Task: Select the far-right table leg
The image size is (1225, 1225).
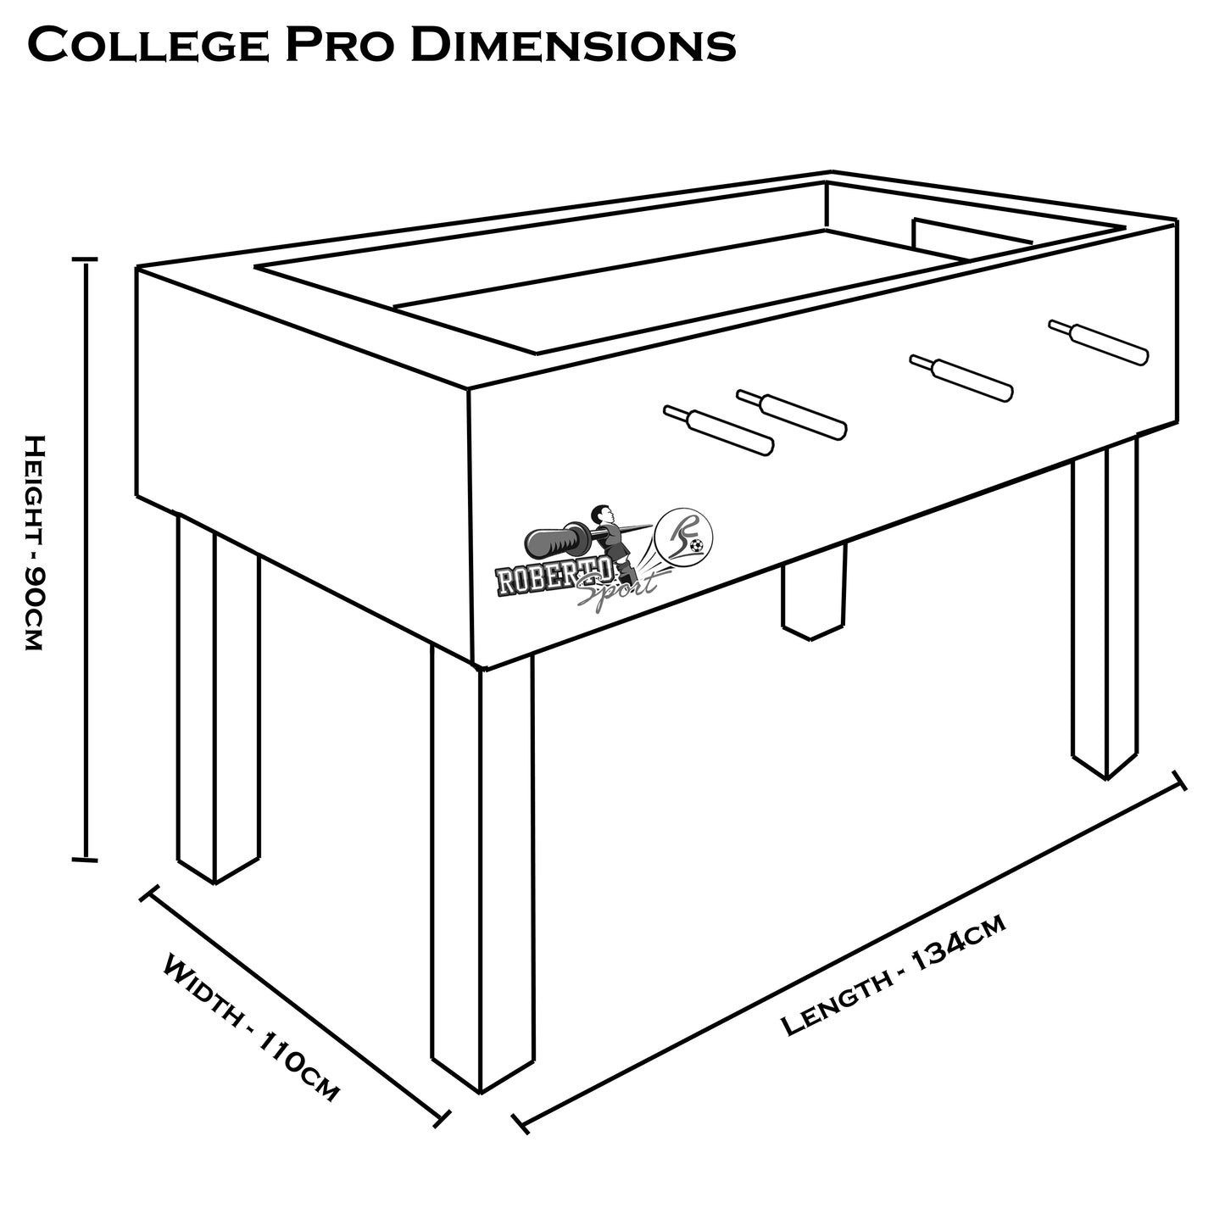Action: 1105,610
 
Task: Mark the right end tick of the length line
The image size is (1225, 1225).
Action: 1178,781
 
